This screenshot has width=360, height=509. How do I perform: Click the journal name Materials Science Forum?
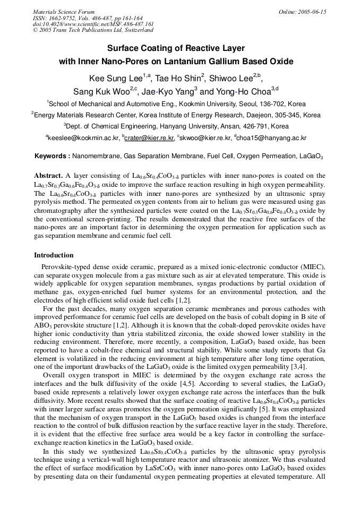coord(64,12)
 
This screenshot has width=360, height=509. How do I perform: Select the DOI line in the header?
coord(93,24)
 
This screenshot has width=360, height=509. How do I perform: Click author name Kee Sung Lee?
coord(113,79)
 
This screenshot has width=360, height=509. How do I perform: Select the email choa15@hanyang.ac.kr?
coord(271,138)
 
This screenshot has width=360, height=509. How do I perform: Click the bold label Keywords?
coord(52,156)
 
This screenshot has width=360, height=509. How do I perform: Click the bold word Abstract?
coord(48,175)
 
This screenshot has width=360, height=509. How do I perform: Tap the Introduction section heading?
coord(54,255)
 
